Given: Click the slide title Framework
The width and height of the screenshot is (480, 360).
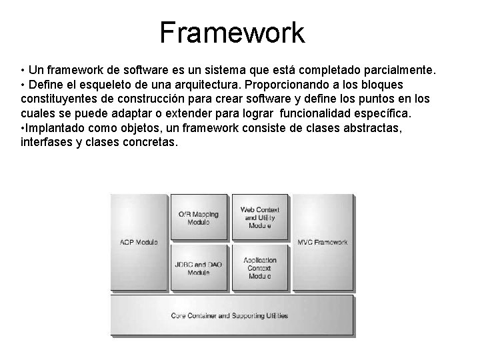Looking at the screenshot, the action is [x=232, y=32].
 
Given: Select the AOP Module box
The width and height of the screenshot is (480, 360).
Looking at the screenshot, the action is [x=138, y=242].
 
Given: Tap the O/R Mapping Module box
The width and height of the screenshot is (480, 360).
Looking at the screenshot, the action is [x=198, y=217].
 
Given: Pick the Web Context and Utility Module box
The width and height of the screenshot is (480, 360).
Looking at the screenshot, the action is [x=259, y=217].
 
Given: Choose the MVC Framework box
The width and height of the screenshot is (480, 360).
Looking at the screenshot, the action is [x=322, y=242].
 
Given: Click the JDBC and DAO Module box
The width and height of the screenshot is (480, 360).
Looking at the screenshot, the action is [x=198, y=268].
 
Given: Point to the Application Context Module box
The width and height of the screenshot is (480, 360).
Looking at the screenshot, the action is [x=259, y=268].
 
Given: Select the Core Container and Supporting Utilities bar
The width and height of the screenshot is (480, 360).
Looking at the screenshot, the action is [x=230, y=315].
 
